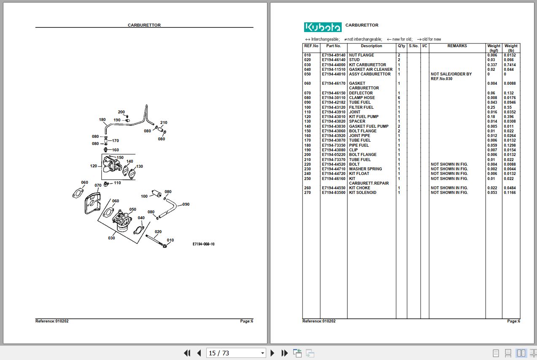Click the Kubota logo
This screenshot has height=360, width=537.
323,27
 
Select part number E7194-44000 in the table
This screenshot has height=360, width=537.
333,65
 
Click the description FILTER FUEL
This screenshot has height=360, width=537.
361,107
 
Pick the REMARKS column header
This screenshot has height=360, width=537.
457,46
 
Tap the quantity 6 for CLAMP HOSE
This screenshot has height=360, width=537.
399,98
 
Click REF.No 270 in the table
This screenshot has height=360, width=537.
308,193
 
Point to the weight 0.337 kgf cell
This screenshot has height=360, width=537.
492,65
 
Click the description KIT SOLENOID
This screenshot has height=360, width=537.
362,193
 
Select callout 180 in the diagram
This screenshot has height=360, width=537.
102,120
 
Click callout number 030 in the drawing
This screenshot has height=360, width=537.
111,238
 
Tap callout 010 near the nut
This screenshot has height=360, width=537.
170,240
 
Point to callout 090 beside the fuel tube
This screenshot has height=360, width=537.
186,204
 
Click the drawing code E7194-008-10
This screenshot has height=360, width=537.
203,244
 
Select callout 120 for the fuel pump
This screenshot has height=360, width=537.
94,166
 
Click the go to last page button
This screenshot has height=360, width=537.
285,353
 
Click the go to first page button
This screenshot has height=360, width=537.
187,353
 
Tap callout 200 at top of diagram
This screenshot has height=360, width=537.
121,112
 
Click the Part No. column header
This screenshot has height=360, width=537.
333,46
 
